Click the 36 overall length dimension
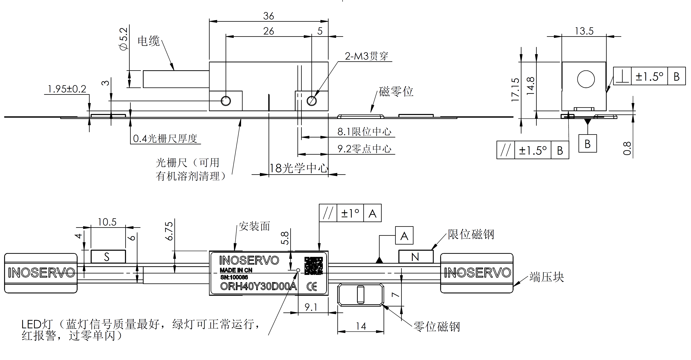[x=269, y=16]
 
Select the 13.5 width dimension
[x=584, y=31]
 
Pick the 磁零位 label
[x=396, y=92]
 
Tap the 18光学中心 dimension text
[x=298, y=168]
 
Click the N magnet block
[x=416, y=257]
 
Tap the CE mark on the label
[x=312, y=287]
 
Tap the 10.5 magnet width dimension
[x=107, y=222]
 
